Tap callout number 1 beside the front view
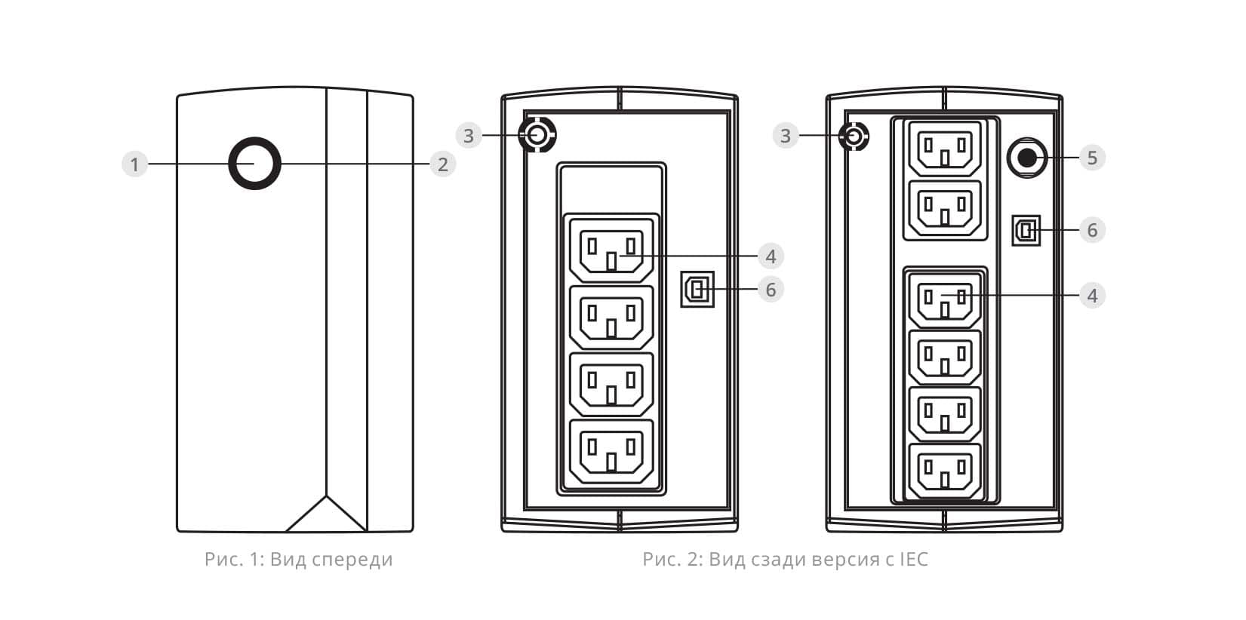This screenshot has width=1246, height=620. coord(134,164)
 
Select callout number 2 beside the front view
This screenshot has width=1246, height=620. coord(443,164)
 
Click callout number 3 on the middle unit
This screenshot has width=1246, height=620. coord(469,136)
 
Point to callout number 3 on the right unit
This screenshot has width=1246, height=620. coord(786,136)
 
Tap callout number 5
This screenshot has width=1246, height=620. coord(1093,158)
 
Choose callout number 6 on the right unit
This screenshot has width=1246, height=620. coord(1093,230)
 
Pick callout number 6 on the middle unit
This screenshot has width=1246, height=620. coord(771,290)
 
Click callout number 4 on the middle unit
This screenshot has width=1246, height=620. coord(771,256)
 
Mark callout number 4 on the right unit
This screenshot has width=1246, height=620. coord(1093,296)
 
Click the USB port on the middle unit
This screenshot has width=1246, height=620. coord(697,289)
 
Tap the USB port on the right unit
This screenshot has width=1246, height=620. coord(1026,230)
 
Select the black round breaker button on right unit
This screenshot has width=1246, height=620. coord(1027,158)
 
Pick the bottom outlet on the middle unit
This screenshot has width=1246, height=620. coord(611,452)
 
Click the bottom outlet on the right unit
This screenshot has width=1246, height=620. coord(945,471)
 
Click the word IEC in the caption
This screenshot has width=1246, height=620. coord(914,560)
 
